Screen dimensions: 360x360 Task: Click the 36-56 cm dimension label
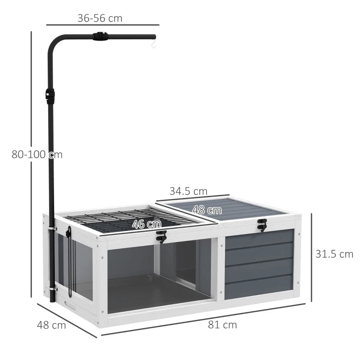point(100,18)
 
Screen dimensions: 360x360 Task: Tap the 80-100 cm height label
point(37,154)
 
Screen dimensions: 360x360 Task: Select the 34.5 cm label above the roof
point(189,191)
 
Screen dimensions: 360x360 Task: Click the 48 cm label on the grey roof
point(207,210)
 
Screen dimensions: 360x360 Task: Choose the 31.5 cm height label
point(334,254)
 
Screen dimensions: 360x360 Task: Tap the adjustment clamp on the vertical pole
point(49,96)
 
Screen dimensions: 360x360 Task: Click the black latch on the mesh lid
point(161,236)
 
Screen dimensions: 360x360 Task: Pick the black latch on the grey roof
point(261,225)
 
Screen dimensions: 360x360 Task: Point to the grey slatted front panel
point(258,263)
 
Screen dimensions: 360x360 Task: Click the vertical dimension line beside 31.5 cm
point(312,254)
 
